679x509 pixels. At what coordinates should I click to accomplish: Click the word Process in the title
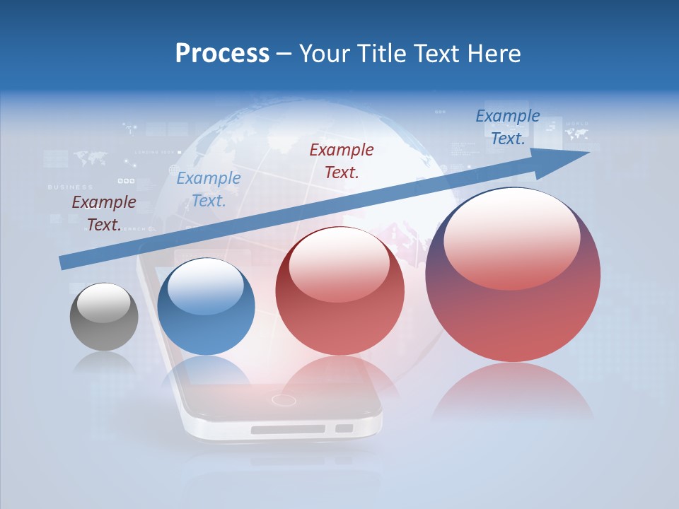(222, 54)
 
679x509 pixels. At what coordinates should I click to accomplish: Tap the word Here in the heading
(494, 54)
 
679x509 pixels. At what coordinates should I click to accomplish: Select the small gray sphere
(104, 317)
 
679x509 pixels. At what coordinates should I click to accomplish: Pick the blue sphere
(206, 307)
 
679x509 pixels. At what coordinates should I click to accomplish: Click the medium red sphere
(339, 291)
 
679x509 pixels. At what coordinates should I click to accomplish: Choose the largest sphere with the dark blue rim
(513, 274)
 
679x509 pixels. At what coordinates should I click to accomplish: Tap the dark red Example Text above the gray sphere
(104, 213)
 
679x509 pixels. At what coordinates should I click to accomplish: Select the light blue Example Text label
(209, 189)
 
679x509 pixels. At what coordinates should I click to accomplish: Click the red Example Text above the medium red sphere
(342, 160)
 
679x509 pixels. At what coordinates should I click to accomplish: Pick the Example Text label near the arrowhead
(507, 127)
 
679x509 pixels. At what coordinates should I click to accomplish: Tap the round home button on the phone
(284, 400)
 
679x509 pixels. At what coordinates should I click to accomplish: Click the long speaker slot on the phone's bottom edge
(288, 429)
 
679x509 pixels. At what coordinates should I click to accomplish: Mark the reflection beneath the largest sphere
(513, 392)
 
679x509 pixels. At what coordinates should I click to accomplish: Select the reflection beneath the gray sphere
(104, 363)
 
